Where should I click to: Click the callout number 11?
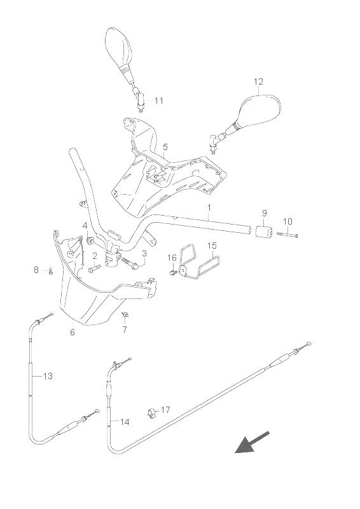click(x=159, y=101)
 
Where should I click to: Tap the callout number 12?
click(x=258, y=81)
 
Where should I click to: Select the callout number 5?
click(x=165, y=147)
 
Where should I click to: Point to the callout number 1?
click(x=209, y=207)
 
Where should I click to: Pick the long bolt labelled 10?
click(x=287, y=235)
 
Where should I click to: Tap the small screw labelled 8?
click(x=51, y=272)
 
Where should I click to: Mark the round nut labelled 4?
click(x=90, y=241)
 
